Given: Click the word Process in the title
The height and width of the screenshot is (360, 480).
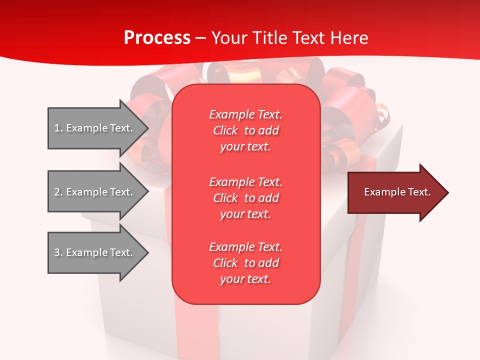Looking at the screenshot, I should click(157, 38).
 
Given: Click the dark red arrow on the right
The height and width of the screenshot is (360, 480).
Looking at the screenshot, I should click(395, 192).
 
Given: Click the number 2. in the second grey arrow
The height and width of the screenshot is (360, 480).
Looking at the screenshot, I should click(58, 192).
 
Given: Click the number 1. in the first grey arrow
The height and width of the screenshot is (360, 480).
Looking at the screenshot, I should click(58, 128).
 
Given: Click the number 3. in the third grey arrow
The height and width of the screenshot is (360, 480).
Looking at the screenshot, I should click(58, 252).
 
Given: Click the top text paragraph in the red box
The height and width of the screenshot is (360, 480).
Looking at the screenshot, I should click(245, 130).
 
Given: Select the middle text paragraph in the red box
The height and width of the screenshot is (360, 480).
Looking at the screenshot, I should click(245, 198).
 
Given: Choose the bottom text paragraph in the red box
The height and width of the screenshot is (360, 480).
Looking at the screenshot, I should click(245, 263).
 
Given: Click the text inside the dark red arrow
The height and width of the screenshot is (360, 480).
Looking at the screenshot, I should click(397, 192).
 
